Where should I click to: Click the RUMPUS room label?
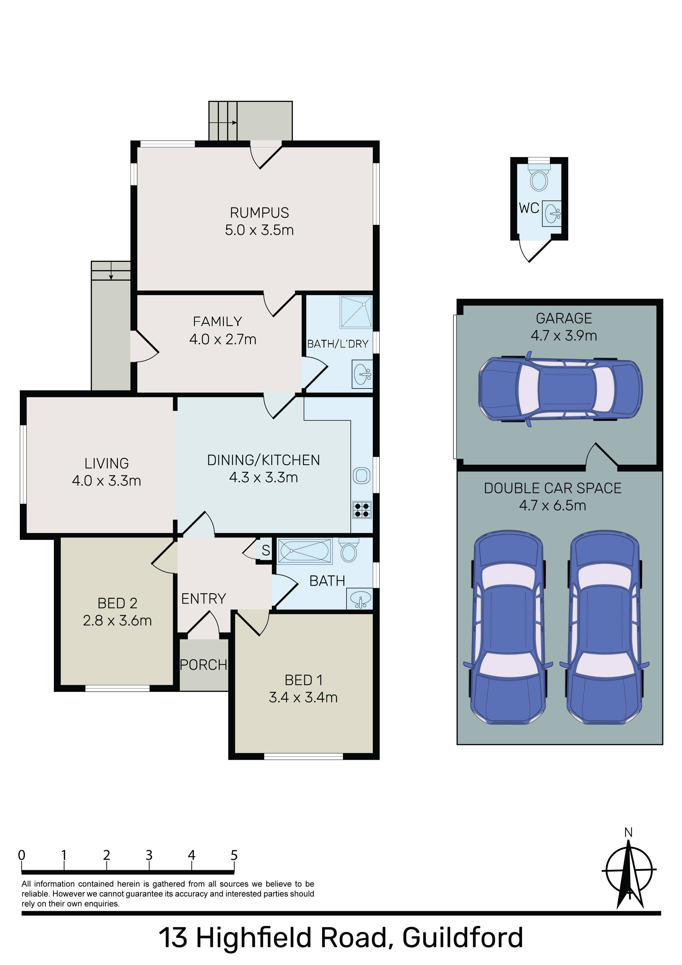point(259,213)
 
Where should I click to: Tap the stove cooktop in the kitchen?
point(362,510)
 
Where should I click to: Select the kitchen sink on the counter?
point(362,476)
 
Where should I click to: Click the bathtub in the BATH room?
point(305,551)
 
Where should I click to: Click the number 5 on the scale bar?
point(234,855)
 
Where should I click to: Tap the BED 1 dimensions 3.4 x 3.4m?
point(303,697)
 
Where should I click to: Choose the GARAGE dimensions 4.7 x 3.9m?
point(564,336)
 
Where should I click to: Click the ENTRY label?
point(203,599)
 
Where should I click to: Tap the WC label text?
point(529,208)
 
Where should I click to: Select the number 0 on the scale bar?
point(21,855)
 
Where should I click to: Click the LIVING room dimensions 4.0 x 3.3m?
point(106,480)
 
